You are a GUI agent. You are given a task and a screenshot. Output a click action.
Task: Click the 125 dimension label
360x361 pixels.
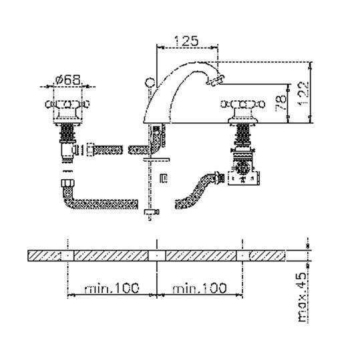(x=186, y=41)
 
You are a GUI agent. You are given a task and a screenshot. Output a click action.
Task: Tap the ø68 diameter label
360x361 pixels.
(x=68, y=80)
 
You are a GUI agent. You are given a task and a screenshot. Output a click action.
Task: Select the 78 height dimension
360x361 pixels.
(x=281, y=104)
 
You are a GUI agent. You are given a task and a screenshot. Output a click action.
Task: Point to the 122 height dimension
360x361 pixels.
(x=303, y=93)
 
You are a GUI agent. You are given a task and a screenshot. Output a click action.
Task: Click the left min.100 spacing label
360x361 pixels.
(x=112, y=288)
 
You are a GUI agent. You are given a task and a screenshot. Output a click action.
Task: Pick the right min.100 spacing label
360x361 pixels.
(x=200, y=288)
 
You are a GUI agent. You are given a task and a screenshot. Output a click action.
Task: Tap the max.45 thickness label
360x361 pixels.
(x=303, y=297)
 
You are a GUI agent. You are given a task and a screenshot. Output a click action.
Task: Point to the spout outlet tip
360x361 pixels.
(x=214, y=80)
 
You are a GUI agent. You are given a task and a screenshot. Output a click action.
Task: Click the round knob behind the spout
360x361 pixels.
(x=150, y=82)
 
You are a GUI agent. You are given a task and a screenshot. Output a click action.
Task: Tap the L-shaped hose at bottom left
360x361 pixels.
(x=99, y=197)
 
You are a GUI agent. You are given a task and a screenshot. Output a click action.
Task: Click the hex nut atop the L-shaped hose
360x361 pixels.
(x=68, y=183)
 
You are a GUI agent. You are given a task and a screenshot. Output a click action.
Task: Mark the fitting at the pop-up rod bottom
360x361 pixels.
(x=152, y=213)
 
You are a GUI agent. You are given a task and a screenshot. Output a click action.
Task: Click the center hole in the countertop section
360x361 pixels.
(x=157, y=255)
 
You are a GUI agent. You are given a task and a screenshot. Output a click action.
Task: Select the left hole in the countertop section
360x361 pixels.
(x=67, y=255)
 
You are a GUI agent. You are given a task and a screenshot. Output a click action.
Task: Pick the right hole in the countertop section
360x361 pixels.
(x=242, y=255)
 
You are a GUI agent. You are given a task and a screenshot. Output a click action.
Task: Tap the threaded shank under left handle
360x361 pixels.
(x=67, y=133)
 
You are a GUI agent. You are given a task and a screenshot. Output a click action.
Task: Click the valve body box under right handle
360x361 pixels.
(x=244, y=178)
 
